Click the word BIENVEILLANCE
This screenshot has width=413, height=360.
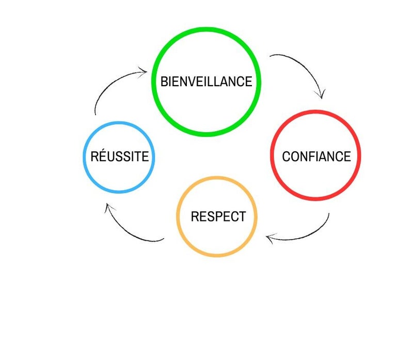point(206,82)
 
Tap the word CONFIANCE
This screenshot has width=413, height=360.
point(316,156)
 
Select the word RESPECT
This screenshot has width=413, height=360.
point(218,216)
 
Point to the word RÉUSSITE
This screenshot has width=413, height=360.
point(119,156)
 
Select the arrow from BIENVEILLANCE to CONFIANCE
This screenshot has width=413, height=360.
point(305,67)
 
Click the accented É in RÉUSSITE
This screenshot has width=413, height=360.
point(103,156)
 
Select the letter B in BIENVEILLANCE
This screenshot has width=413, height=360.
point(164,82)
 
